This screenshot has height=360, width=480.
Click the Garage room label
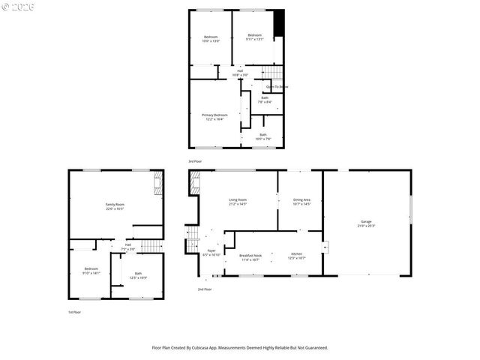tap(367, 223)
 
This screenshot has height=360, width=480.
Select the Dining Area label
tap(302, 201)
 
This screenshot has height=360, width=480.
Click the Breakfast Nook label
tap(250, 257)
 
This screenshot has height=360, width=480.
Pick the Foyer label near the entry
tap(211, 253)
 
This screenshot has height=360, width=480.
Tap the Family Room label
tap(114, 206)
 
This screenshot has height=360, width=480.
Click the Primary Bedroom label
tap(215, 116)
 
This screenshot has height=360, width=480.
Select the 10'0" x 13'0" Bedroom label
tap(210, 39)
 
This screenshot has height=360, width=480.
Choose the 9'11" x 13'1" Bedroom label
tap(255, 37)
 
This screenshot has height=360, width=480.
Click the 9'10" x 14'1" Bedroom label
tap(91, 271)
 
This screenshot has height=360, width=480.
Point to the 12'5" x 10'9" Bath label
tap(138, 275)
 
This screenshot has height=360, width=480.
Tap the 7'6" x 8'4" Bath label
tap(265, 99)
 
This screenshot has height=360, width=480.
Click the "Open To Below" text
tap(277, 87)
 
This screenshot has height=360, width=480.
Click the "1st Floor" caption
tap(75, 312)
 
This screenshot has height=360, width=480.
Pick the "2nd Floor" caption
tap(204, 289)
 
